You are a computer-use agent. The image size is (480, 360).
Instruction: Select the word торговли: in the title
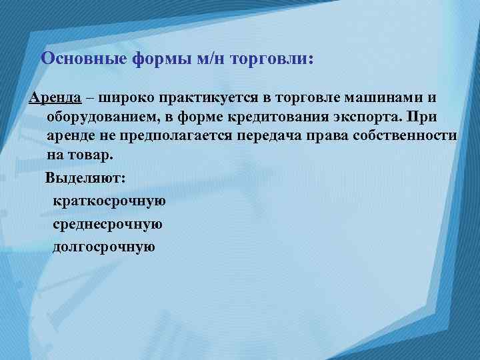point(271,58)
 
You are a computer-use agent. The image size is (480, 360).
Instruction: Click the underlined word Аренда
point(55,98)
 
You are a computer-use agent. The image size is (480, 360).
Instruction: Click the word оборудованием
point(105,117)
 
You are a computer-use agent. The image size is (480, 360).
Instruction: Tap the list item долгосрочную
point(104,247)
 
